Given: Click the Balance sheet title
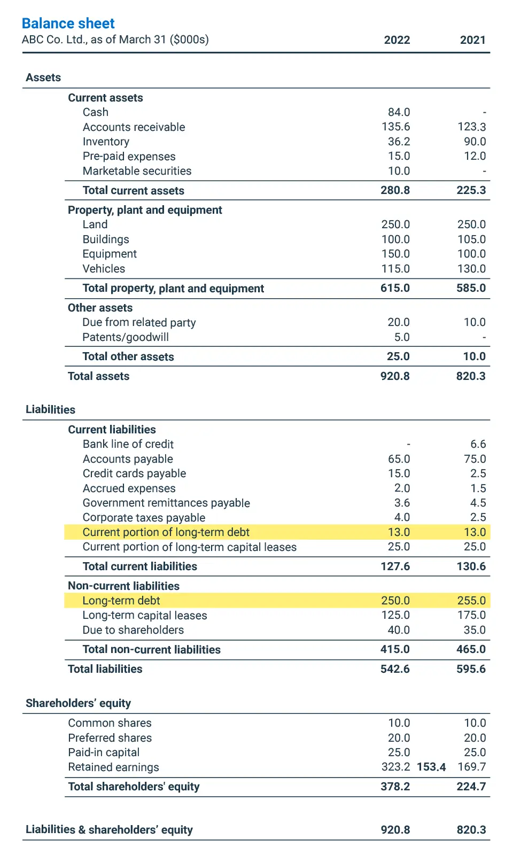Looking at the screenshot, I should coord(68,24).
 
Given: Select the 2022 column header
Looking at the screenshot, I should coord(397,40).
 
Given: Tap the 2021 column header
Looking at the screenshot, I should coord(472,40).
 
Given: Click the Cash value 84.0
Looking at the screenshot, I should coord(399,112).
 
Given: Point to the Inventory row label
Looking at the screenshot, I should coord(106,142).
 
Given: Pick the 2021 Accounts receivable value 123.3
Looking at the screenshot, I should coord(471,127).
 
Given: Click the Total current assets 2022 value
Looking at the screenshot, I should coord(395,190).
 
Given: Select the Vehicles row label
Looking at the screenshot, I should coord(104,269).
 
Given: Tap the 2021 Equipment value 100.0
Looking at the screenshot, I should coord(471,254).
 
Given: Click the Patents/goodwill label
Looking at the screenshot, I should coord(126,337).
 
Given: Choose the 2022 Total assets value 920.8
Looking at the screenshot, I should coord(395,376).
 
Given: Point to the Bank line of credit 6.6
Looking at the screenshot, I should coord(478,444).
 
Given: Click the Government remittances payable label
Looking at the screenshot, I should coord(166,503).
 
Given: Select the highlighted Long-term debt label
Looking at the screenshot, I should coord(121,601).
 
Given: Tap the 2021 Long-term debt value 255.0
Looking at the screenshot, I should coord(471,601).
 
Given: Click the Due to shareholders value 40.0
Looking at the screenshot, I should coord(399,630).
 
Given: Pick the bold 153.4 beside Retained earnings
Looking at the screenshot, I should coord(431,767).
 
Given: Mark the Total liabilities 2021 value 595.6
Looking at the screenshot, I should coord(471,669).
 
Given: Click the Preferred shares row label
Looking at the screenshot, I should coord(110,738).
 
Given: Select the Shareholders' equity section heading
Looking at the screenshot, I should coord(78,703).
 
